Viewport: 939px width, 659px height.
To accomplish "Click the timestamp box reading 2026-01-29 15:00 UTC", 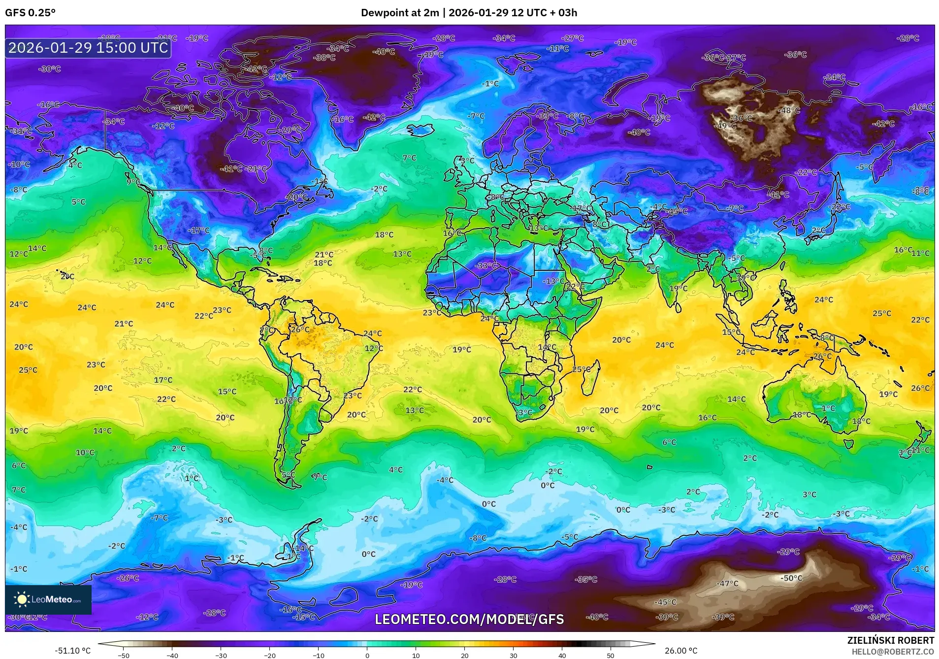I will (x=88, y=48).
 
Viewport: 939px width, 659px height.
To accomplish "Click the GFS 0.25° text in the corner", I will (x=31, y=13).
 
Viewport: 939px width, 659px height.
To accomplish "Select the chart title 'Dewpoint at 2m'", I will (x=399, y=13).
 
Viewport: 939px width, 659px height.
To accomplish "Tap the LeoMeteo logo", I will (x=48, y=599).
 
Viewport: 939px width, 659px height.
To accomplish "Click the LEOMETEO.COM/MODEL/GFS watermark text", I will (x=469, y=619).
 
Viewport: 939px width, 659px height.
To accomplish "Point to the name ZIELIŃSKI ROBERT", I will (x=890, y=640).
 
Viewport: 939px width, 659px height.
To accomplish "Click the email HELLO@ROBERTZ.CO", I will (x=893, y=652).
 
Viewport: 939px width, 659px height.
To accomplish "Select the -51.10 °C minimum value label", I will (x=72, y=651).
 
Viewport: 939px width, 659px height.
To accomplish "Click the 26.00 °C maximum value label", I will (x=681, y=651).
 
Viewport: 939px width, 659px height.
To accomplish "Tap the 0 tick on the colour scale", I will (x=367, y=655).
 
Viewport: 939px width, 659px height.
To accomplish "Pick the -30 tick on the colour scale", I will (x=221, y=655).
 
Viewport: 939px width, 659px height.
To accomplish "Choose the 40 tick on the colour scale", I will (x=562, y=655).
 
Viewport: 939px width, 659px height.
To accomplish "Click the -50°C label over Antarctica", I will (x=791, y=578).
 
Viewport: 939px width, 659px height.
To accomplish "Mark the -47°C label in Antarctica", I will (x=727, y=584).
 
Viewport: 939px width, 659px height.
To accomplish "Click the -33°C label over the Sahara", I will (x=486, y=265).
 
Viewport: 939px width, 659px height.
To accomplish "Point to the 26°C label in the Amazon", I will (x=300, y=329).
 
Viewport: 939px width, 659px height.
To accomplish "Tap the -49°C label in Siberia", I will (x=726, y=126).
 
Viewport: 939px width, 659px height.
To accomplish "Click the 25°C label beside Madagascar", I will (x=581, y=369).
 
